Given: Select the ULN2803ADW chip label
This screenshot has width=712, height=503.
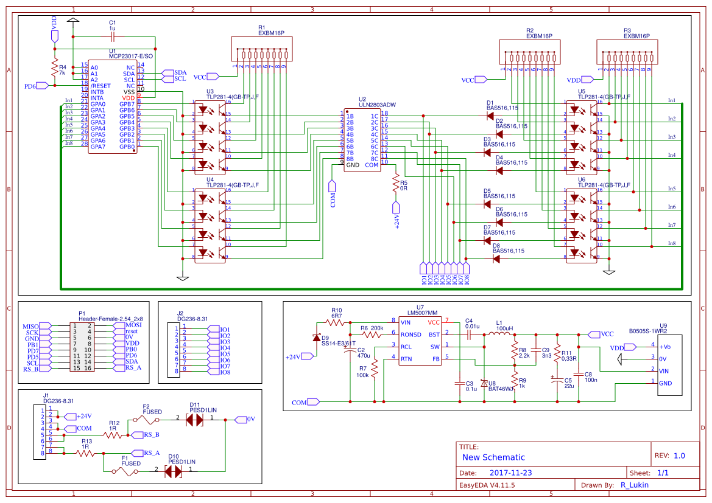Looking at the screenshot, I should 378,105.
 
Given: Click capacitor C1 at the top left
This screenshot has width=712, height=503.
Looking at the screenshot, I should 111,36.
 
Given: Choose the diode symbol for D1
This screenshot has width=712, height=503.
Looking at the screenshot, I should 490,116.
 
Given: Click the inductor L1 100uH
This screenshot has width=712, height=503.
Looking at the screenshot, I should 502,334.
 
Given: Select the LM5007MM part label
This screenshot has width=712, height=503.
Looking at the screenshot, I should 420,313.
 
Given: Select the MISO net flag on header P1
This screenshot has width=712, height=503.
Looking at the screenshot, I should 32,327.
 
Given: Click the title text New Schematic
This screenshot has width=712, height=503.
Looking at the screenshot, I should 493,457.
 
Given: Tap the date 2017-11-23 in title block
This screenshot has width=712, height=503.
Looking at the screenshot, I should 510,473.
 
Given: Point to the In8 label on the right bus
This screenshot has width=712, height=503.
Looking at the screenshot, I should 671,243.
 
